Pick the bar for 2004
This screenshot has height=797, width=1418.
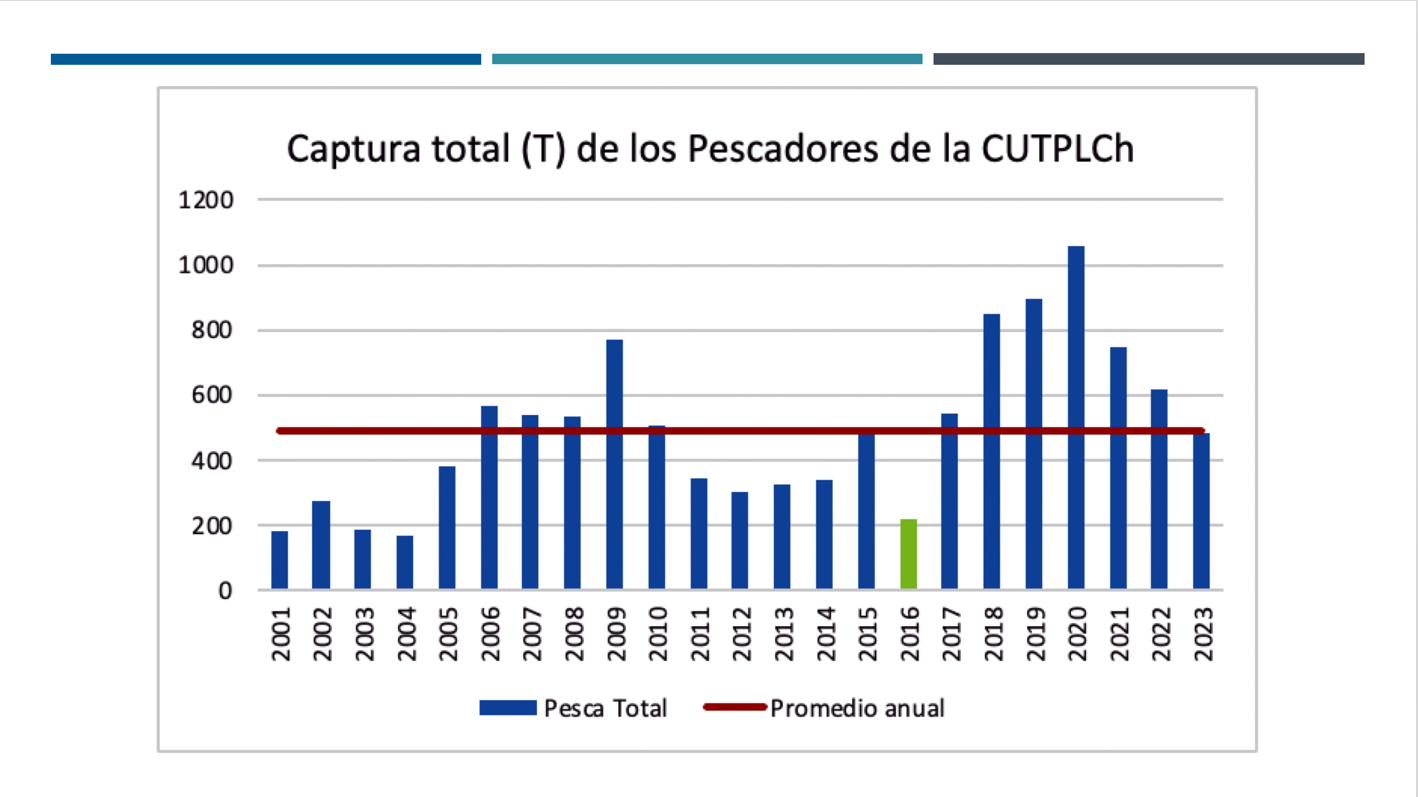405,562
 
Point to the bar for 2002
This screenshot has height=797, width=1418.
321,545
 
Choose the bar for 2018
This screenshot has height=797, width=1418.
991,452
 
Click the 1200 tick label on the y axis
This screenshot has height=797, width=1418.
206,200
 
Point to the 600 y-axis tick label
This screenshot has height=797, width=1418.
212,395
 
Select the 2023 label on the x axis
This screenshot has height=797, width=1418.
1203,634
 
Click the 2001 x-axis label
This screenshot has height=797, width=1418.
281,634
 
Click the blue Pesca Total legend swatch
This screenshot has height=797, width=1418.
507,708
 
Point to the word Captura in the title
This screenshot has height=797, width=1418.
353,150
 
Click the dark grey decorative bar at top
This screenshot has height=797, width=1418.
1148,59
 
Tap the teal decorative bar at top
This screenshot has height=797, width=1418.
707,59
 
